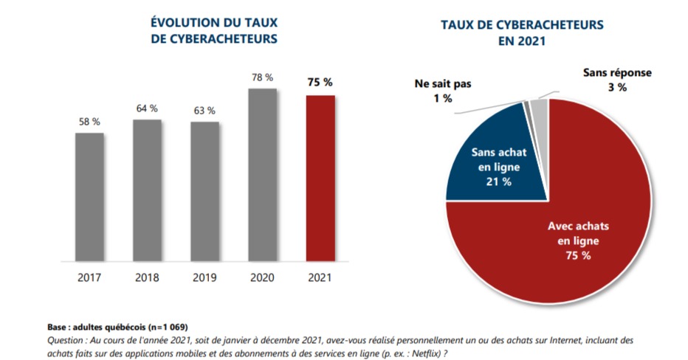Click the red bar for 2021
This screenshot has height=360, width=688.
click(x=320, y=177)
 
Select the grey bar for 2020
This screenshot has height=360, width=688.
click(x=262, y=174)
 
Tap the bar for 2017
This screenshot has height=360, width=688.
click(x=89, y=196)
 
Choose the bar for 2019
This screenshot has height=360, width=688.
click(x=204, y=191)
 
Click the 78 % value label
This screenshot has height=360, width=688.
click(x=262, y=77)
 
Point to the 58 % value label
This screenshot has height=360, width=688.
click(x=89, y=122)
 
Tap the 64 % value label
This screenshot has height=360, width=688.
click(x=147, y=108)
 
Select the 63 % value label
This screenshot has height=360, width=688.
click(x=204, y=111)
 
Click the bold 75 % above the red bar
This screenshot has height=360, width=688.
click(x=320, y=82)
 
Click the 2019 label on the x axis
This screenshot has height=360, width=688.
click(x=204, y=278)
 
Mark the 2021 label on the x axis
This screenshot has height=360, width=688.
click(x=320, y=278)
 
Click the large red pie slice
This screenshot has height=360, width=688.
click(x=561, y=243)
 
